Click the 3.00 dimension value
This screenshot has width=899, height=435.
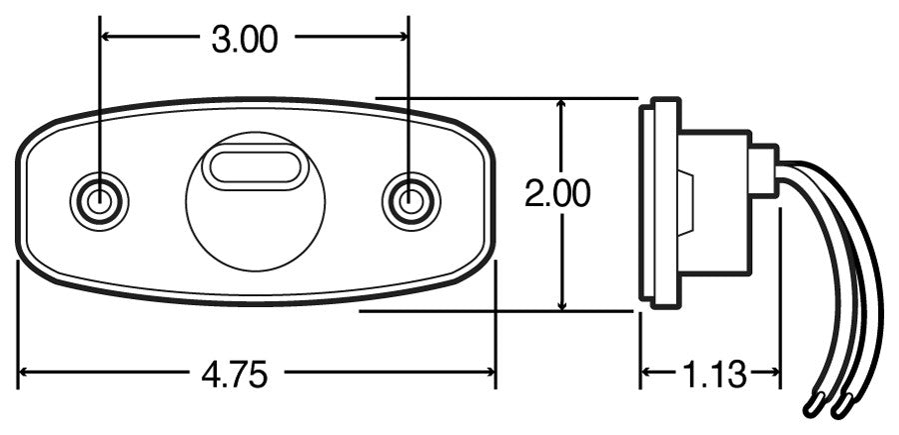[244, 39]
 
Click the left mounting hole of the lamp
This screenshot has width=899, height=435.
[99, 201]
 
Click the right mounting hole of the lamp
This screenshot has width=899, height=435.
[410, 201]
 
